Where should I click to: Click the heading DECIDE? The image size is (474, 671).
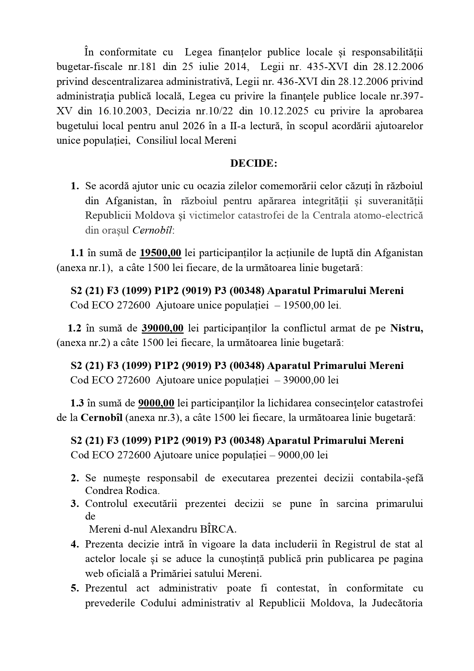tap(253, 163)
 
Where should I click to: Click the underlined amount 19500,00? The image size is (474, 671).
tap(160, 253)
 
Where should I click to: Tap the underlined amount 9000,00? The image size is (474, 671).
tap(156, 403)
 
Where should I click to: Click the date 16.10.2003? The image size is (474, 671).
tap(123, 111)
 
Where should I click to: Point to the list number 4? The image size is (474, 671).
tap(75, 544)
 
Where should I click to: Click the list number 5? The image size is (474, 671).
tap(75, 588)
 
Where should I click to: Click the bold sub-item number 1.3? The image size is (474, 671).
tap(77, 403)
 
